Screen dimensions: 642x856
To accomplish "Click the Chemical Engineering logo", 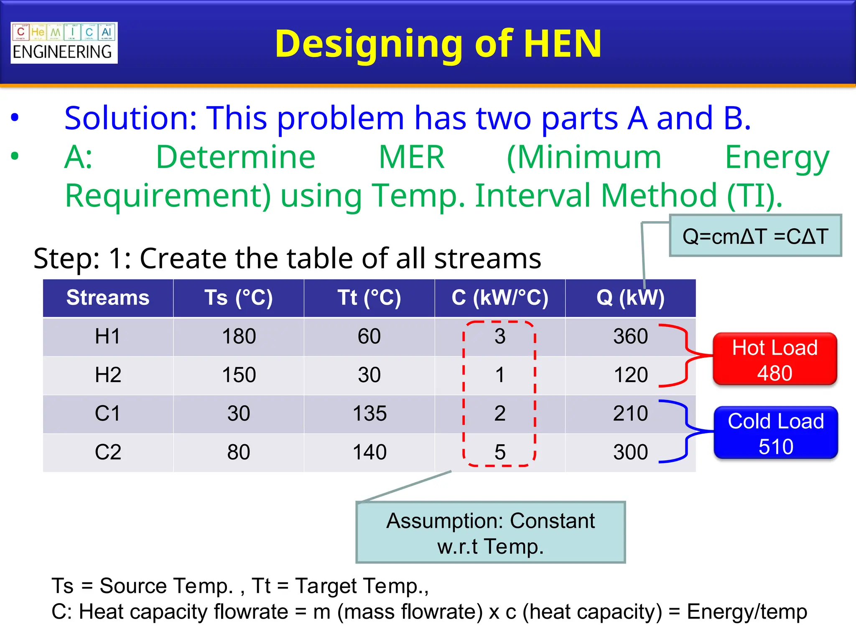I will (x=64, y=43).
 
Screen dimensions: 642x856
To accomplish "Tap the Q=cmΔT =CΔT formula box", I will (x=755, y=236).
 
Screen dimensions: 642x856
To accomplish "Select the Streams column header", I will (x=108, y=298).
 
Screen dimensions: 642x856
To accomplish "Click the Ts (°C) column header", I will (x=238, y=298).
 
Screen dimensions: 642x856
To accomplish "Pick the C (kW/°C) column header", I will (x=499, y=298).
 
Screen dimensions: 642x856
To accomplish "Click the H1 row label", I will (x=108, y=336).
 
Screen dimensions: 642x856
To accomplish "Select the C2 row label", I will (x=108, y=452).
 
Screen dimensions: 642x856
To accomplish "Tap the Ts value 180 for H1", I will (x=239, y=336).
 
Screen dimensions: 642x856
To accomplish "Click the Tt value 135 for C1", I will (x=369, y=414).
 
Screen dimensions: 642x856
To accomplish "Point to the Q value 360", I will (x=630, y=336).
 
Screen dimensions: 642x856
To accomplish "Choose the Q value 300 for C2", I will (x=630, y=452).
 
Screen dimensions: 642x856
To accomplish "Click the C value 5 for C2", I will (x=500, y=452).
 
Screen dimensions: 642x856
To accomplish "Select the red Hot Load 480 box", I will (x=774, y=359).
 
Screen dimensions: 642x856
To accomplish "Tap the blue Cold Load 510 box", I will (x=775, y=433).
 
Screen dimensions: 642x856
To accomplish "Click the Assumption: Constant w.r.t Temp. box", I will (x=490, y=533).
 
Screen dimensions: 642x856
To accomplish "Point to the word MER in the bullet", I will (x=411, y=158).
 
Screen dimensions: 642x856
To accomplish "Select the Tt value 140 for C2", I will (x=369, y=452).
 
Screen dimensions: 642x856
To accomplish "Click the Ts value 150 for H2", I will (x=239, y=375).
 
